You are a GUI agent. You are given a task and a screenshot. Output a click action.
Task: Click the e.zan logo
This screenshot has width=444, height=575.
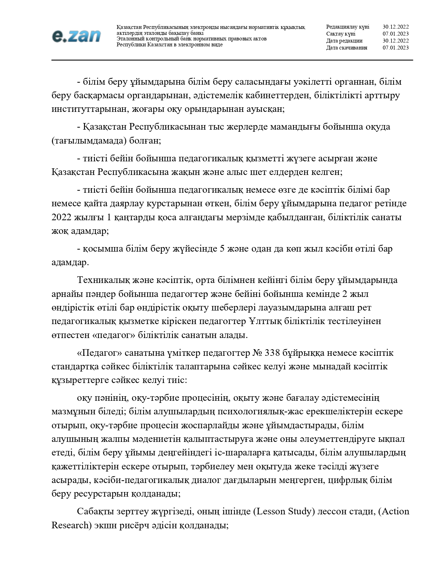[76, 36]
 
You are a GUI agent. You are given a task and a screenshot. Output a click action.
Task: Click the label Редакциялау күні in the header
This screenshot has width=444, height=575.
[348, 27]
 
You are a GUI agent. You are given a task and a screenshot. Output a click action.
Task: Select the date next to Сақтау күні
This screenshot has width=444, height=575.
[396, 34]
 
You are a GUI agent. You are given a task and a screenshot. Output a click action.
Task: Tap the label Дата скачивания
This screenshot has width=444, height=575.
[346, 48]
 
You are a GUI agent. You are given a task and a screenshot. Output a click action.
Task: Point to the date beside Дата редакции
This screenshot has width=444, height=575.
[396, 41]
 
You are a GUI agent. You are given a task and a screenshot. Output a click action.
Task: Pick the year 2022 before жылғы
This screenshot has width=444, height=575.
[61, 217]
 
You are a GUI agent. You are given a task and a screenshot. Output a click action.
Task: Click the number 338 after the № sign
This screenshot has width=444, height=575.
[272, 353]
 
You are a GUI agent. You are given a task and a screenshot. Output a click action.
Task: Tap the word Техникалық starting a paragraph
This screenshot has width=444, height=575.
[101, 280]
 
